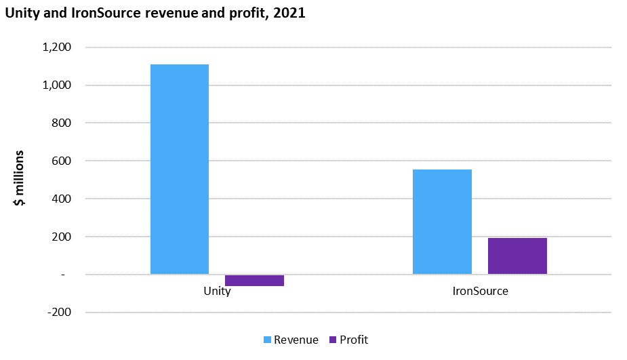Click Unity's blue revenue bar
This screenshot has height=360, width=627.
coord(179,169)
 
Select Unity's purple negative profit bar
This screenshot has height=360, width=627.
coord(254,280)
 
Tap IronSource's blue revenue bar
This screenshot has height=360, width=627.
coord(442,222)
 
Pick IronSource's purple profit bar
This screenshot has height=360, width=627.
coord(517,256)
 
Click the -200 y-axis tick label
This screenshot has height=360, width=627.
coord(59,313)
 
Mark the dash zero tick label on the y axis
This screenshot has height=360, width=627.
coord(64,275)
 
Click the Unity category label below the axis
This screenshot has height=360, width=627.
coord(217,292)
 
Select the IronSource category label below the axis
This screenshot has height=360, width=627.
coord(480,292)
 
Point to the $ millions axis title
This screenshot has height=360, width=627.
coord(20,178)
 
